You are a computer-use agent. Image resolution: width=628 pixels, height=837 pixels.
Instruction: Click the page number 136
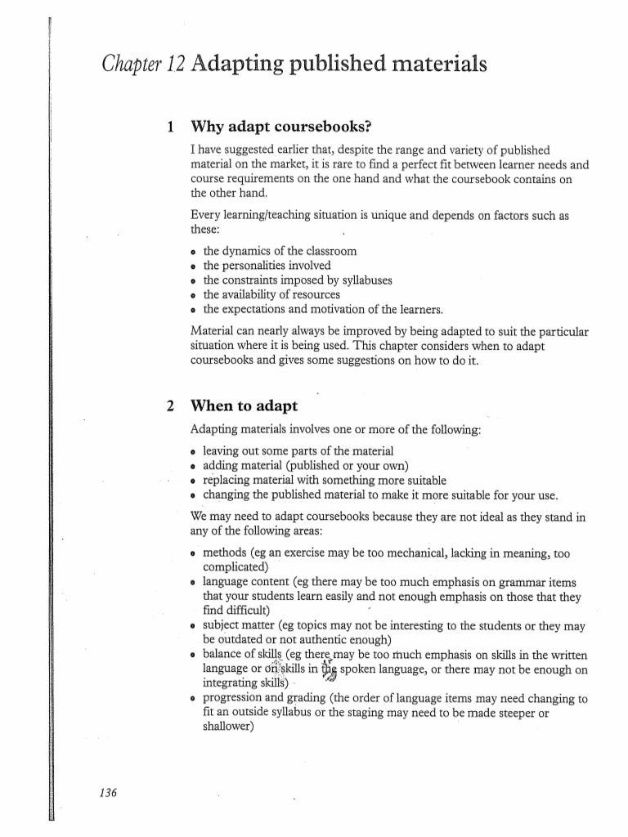[x=108, y=792]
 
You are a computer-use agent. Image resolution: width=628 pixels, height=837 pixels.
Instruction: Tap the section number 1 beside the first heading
[x=169, y=127]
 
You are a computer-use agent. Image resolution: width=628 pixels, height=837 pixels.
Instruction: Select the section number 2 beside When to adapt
[x=169, y=405]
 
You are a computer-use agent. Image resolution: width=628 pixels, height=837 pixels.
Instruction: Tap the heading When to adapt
[x=244, y=405]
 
